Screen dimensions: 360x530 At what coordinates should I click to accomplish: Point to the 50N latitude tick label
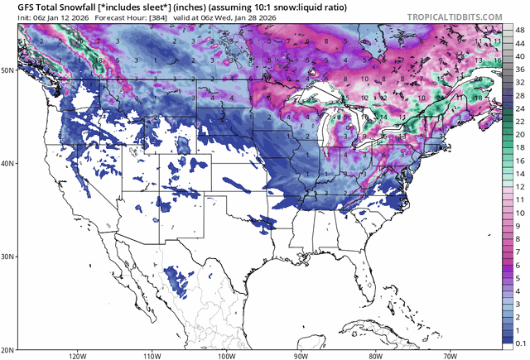point(7,70)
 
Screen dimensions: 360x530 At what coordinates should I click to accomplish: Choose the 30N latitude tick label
point(7,257)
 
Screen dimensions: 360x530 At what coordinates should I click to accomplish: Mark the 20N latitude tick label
point(7,348)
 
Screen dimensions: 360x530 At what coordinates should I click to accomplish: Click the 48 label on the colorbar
point(519,29)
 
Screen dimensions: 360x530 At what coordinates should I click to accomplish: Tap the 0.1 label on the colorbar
point(519,341)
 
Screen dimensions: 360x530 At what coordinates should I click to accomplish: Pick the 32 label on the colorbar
point(519,83)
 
